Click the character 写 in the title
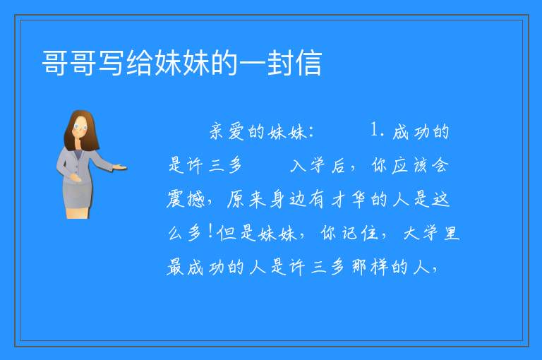(112, 63)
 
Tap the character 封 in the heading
(280, 63)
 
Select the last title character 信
(308, 63)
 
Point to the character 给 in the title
(140, 63)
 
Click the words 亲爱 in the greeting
(227, 131)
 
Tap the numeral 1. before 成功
(377, 130)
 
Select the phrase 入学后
(318, 165)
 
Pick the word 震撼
(186, 199)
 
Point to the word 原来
(246, 200)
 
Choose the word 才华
(349, 200)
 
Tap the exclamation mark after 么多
(210, 232)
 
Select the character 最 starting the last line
(175, 267)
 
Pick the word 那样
(369, 267)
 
